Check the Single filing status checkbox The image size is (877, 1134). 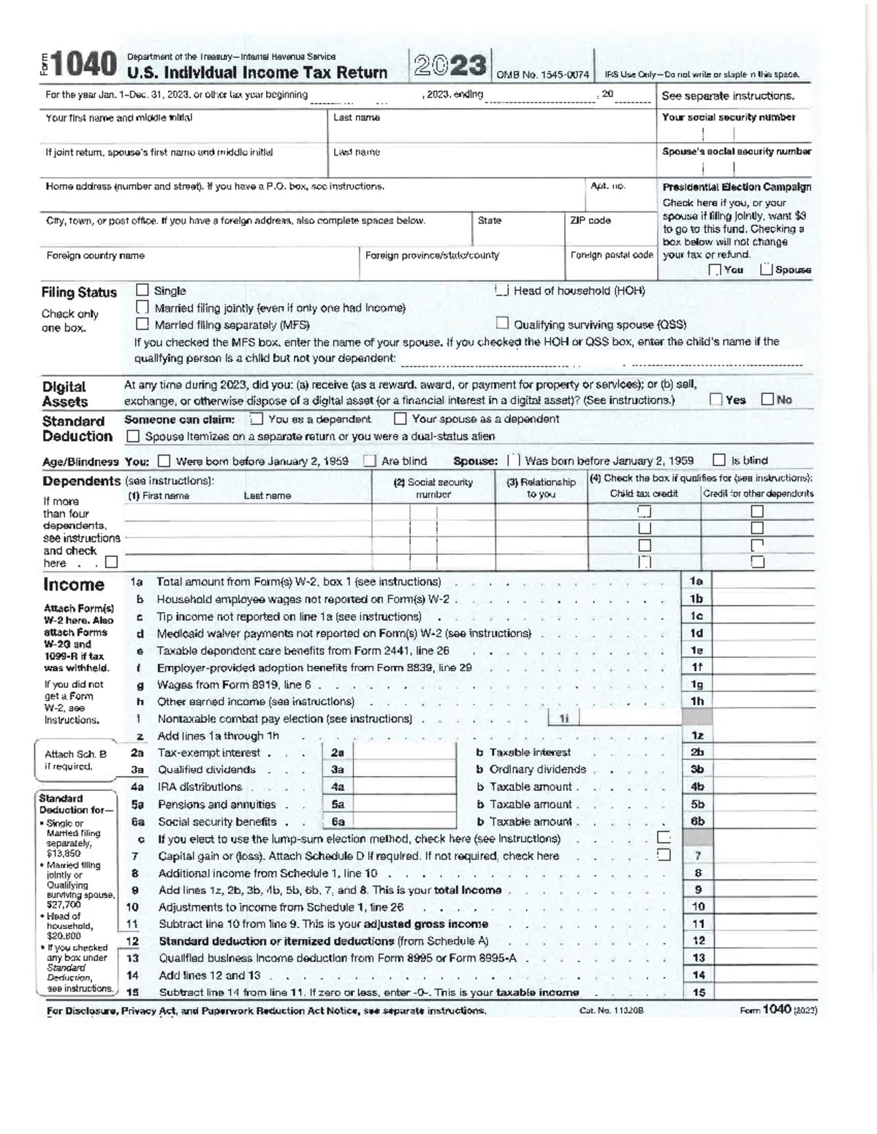pos(143,290)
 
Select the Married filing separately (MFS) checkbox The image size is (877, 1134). pos(143,324)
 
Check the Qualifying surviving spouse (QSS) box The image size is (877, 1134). pos(502,323)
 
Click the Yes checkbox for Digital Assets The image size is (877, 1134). pos(716,399)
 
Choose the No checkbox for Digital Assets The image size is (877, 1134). pos(767,399)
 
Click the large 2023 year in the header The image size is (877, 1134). pos(450,66)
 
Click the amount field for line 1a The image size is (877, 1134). pos(763,581)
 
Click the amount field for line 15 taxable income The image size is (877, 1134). pos(763,992)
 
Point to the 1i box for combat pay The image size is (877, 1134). pos(563,719)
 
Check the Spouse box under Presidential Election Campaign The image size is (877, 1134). pos(767,269)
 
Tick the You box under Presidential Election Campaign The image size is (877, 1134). pos(715,270)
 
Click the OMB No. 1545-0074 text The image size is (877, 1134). pos(542,74)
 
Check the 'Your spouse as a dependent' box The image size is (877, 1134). pos(400,419)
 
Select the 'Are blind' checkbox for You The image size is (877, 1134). pos(371,461)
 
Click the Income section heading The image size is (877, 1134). pos(74,585)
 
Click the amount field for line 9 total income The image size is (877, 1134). pos(763,889)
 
